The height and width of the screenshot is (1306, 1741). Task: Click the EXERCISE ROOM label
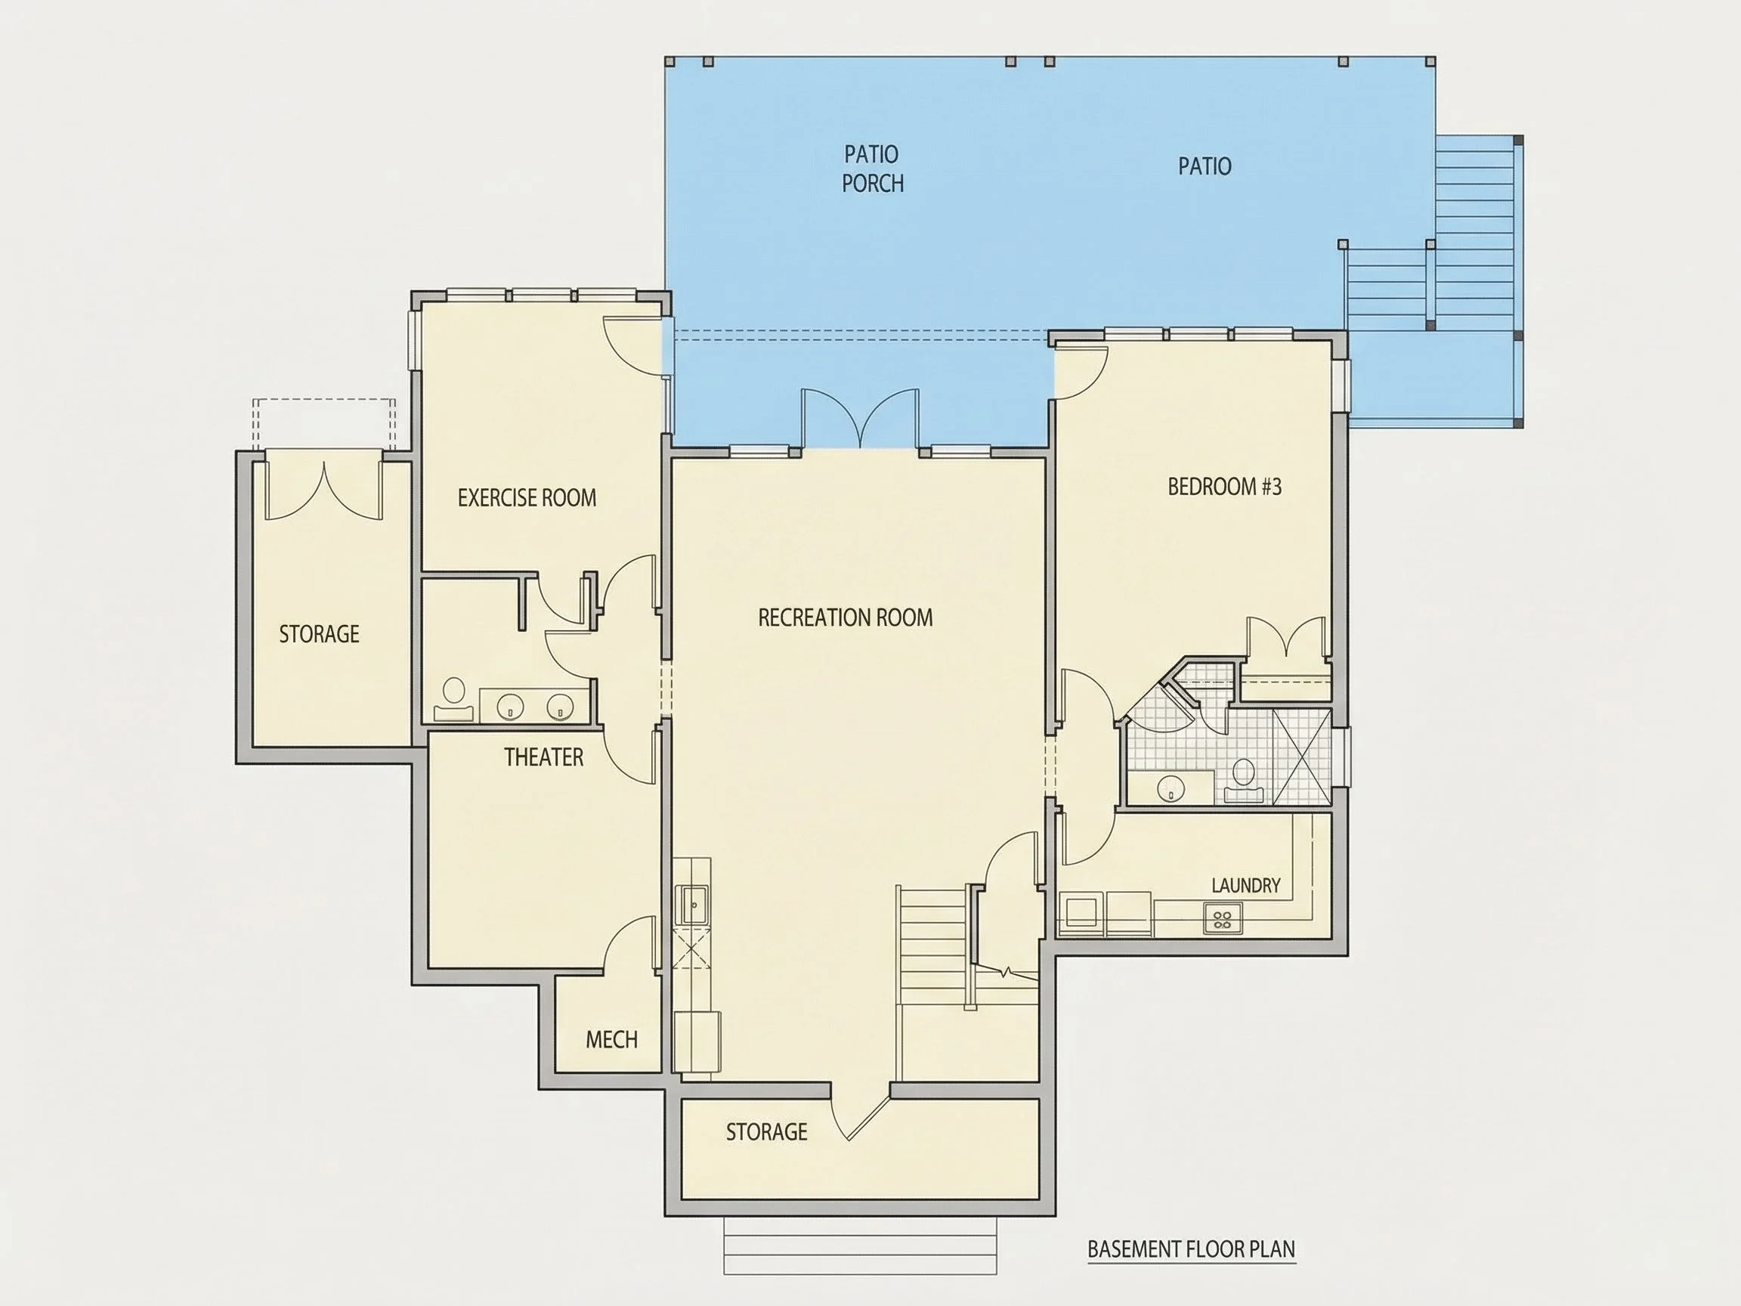pyautogui.click(x=527, y=497)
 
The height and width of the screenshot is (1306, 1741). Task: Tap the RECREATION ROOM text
pyautogui.click(x=846, y=617)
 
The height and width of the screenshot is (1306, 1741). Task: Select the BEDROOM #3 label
pyautogui.click(x=1225, y=487)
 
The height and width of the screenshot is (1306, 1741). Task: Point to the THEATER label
pyautogui.click(x=544, y=757)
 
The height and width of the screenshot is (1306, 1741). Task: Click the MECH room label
pyautogui.click(x=611, y=1040)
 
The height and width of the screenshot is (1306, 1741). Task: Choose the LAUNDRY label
pyautogui.click(x=1246, y=886)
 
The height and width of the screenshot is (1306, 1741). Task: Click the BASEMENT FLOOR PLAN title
pyautogui.click(x=1192, y=1249)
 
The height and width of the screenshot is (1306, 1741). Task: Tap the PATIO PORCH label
pyautogui.click(x=872, y=169)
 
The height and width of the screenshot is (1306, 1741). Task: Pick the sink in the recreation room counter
pyautogui.click(x=694, y=905)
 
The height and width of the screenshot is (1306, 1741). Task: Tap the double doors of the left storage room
pyautogui.click(x=323, y=489)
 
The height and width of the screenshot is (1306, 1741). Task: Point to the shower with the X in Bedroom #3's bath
pyautogui.click(x=1302, y=757)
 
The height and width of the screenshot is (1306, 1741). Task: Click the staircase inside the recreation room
pyautogui.click(x=932, y=946)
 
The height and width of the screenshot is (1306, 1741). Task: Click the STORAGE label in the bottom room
pyautogui.click(x=767, y=1132)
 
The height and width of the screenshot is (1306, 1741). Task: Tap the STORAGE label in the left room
pyautogui.click(x=319, y=633)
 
